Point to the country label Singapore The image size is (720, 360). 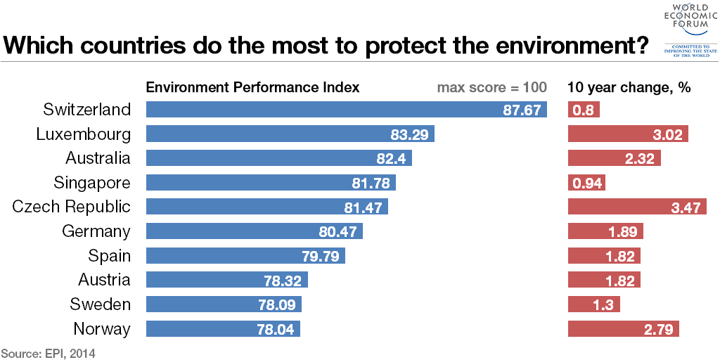click(x=92, y=183)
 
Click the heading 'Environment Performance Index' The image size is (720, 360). click(x=252, y=88)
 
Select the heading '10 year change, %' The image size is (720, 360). click(x=629, y=88)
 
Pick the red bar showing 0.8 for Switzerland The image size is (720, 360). click(x=583, y=110)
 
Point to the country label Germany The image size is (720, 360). click(x=96, y=231)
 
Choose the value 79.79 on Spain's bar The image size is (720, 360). click(x=321, y=256)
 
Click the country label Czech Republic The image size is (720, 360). click(x=72, y=207)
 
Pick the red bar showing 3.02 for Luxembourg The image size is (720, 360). click(x=627, y=134)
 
